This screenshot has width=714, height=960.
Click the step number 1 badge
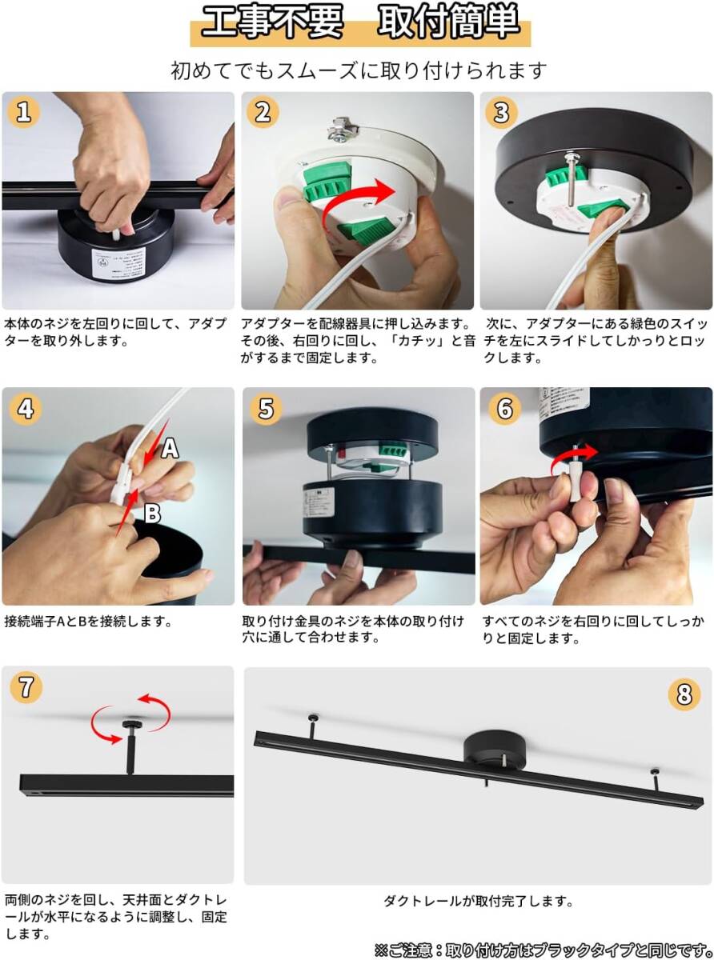click(23, 113)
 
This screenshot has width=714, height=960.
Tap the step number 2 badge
click(263, 113)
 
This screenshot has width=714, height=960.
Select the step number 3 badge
click(501, 113)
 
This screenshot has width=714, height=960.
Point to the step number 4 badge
click(26, 409)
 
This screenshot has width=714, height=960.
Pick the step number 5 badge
click(266, 409)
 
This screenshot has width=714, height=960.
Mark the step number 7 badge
click(26, 687)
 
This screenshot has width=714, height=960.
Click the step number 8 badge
click(684, 694)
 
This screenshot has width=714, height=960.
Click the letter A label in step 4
click(170, 448)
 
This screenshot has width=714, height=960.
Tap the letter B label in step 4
click(152, 514)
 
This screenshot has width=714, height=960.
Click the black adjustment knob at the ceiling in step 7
click(130, 723)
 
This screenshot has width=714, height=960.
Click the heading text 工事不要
click(272, 21)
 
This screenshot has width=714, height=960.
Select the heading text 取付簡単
click(448, 21)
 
